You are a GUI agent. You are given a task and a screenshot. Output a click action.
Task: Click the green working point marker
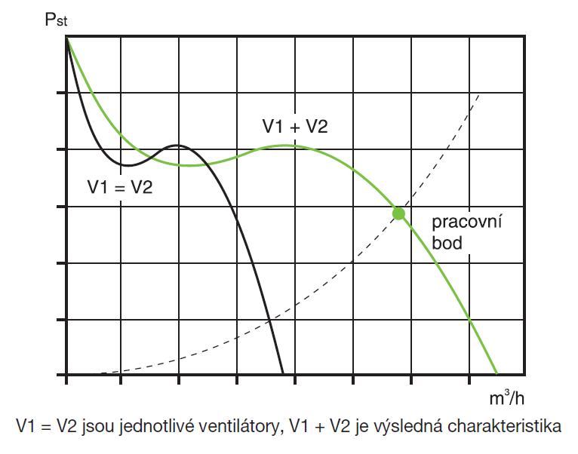coord(398,213)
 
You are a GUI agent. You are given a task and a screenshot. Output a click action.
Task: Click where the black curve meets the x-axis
coord(283,374)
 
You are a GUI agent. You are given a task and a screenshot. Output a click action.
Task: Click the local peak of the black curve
coord(177,145)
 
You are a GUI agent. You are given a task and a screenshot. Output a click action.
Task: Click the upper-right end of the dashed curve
coord(481,99)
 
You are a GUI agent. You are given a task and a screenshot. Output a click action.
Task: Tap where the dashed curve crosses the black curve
coord(269,325)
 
